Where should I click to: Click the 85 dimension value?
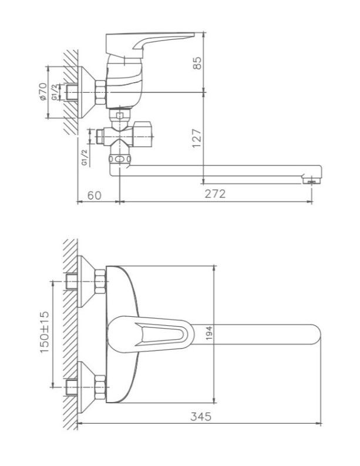coord(197,63)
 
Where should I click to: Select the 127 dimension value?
coord(197,138)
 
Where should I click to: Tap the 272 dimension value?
coord(215,194)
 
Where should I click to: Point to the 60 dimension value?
coord(95,195)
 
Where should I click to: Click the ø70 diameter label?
coord(43,92)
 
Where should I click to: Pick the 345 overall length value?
coord(201,416)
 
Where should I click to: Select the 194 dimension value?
coord(209,333)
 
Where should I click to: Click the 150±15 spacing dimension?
coord(44,332)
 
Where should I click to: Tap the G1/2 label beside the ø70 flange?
coord(54,92)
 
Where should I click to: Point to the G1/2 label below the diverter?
coord(85,157)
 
